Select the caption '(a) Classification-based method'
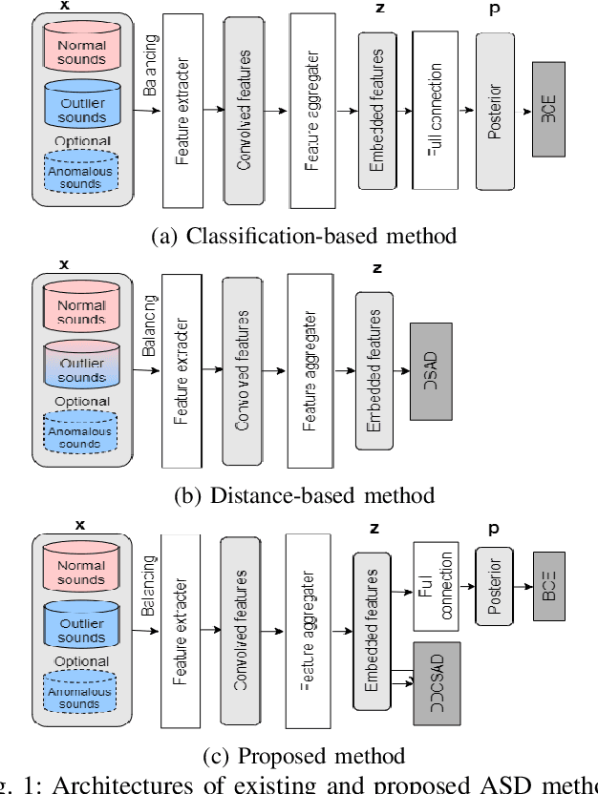304,235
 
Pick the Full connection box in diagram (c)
436,586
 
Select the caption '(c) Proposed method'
304,756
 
